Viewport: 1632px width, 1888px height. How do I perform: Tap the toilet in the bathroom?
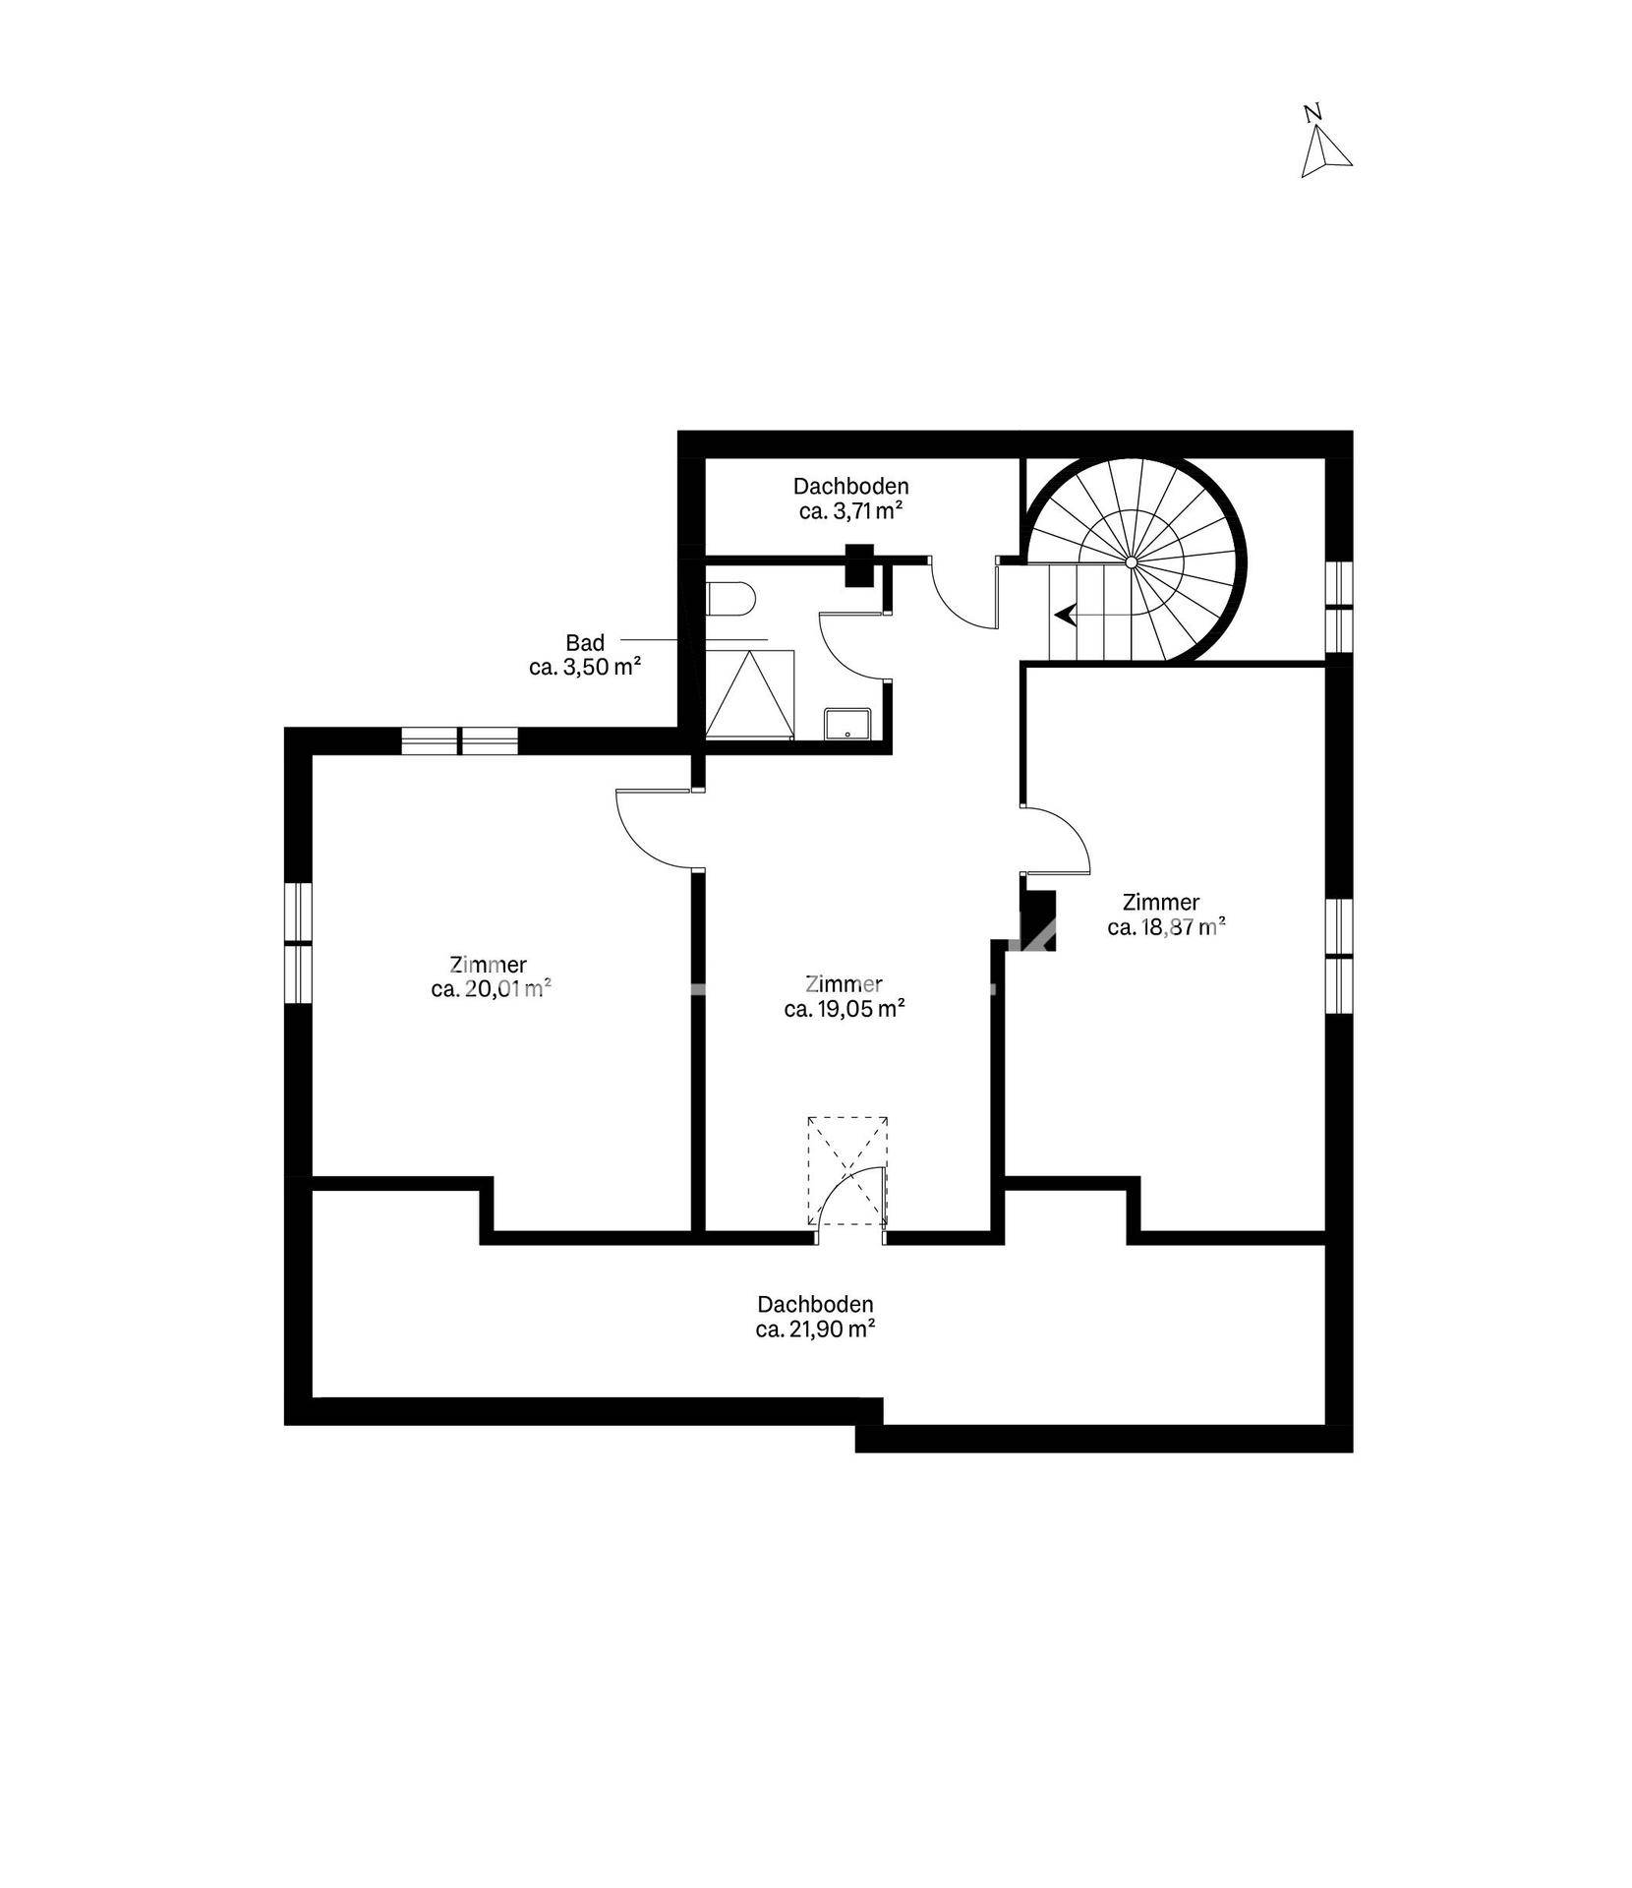(x=729, y=597)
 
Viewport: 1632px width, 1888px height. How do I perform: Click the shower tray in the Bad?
(x=750, y=692)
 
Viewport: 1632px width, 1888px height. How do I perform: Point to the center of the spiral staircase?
(x=1132, y=561)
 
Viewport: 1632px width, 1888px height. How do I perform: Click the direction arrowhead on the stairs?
(x=1064, y=615)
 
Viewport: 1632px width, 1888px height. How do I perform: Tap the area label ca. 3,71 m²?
(x=850, y=511)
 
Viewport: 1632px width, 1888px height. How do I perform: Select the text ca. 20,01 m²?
(x=490, y=989)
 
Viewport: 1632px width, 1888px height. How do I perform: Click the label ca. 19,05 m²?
(x=845, y=1008)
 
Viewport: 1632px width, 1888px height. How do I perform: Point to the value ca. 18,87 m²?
(x=1166, y=926)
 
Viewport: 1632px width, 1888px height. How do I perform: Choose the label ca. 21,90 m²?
(x=816, y=1329)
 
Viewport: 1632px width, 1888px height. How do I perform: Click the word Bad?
(x=585, y=643)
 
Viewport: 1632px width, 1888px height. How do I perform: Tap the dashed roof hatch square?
(x=846, y=1170)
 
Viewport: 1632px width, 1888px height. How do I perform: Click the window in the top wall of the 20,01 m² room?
(x=459, y=740)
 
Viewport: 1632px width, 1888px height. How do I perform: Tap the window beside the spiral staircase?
(x=1339, y=607)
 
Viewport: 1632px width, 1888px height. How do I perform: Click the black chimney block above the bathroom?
(x=859, y=565)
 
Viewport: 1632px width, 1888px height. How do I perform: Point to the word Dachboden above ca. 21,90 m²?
(x=815, y=1305)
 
